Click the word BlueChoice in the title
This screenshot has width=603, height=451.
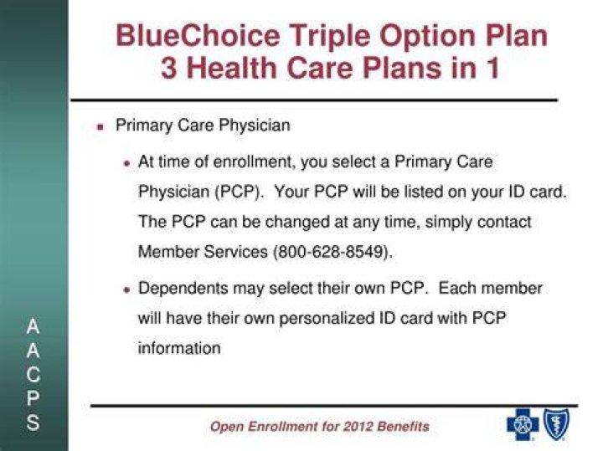point(198,35)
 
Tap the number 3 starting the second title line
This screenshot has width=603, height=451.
point(168,68)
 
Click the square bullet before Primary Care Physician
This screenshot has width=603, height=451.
point(100,127)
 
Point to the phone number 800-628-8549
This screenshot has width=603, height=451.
point(330,252)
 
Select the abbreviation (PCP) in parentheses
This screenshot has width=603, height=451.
point(237,192)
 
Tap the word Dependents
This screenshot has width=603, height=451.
point(183,289)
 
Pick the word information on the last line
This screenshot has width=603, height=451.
point(179,348)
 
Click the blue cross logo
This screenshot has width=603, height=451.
point(523,424)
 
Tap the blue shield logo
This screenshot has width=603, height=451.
point(556,423)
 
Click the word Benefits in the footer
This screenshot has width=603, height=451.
point(403,427)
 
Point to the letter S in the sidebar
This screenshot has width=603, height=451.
point(33,423)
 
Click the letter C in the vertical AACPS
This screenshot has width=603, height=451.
point(33,375)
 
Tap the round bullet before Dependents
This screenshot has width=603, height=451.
point(126,290)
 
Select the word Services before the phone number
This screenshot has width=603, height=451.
point(235,252)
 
